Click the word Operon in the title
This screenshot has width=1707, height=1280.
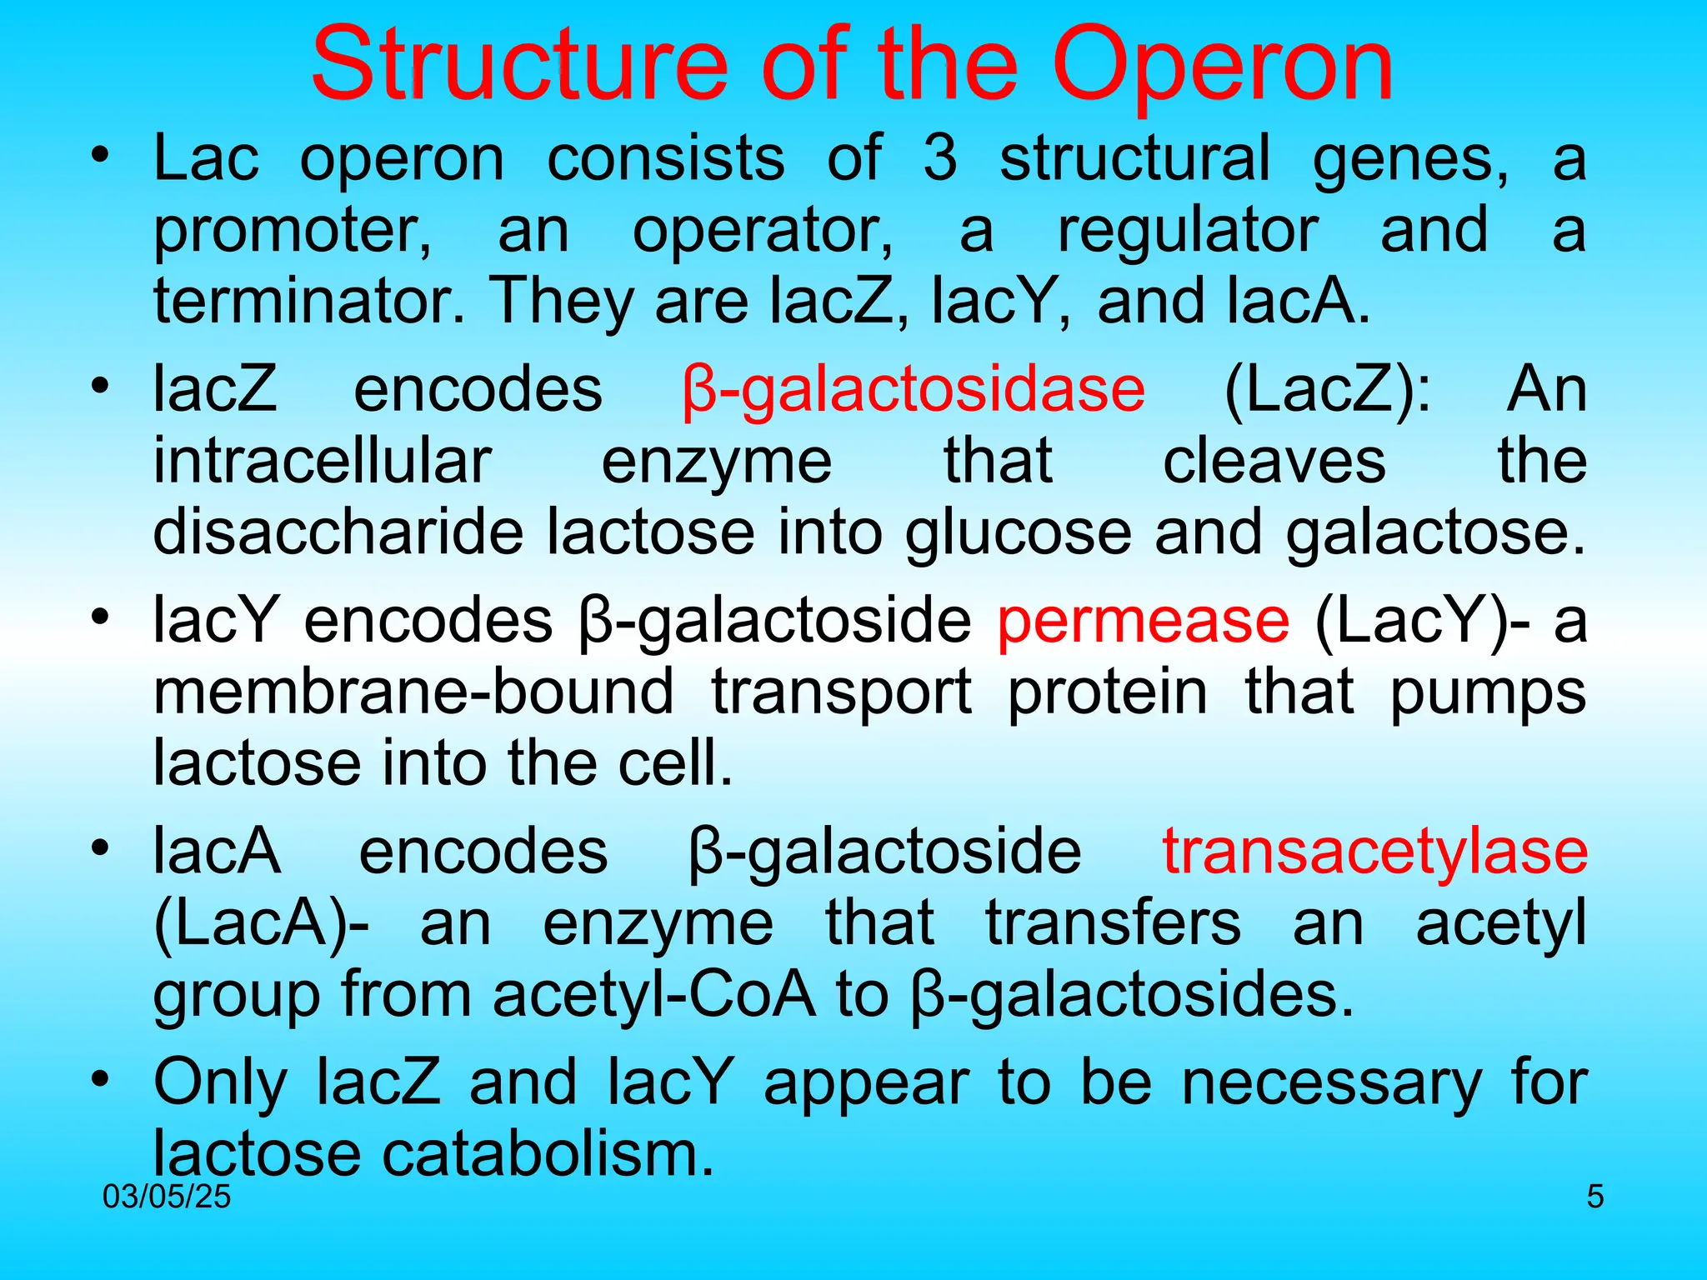pyautogui.click(x=1223, y=67)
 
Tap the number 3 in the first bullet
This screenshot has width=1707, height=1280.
pyautogui.click(x=940, y=158)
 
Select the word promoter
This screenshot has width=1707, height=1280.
pyautogui.click(x=293, y=231)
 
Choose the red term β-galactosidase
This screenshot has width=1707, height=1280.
pyautogui.click(x=914, y=391)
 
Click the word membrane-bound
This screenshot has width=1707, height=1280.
pyautogui.click(x=413, y=692)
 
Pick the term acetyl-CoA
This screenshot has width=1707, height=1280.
pyautogui.click(x=653, y=995)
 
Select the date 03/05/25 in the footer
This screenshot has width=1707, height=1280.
pyautogui.click(x=167, y=1197)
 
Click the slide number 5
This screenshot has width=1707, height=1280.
pyautogui.click(x=1594, y=1197)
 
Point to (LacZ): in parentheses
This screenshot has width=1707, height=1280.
pyautogui.click(x=1327, y=391)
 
